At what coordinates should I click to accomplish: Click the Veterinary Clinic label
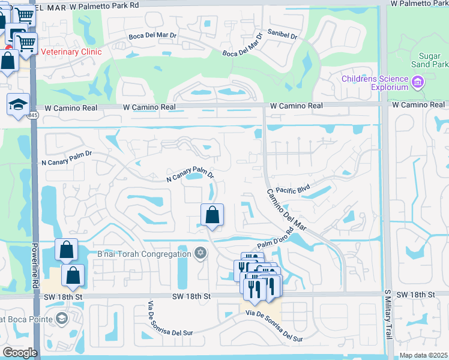point(71,52)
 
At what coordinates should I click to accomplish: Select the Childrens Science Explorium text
point(375,83)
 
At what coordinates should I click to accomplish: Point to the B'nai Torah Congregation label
point(143,254)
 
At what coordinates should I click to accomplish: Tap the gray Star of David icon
point(201,254)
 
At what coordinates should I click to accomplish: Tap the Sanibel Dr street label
point(283,35)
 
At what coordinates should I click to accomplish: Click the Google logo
point(20,352)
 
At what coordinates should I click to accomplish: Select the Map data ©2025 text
point(423,355)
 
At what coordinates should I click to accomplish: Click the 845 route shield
point(32,115)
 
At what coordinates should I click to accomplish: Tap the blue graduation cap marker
point(19,104)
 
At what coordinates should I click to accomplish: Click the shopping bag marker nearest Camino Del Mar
point(212,215)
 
